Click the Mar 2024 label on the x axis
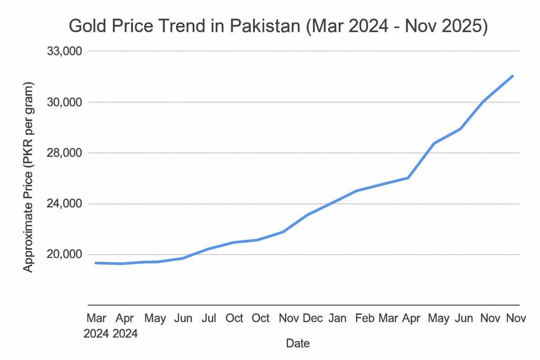tap(96, 326)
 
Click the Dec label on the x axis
tap(313, 319)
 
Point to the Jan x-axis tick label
tap(337, 319)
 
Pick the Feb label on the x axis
tap(364, 319)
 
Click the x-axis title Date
tap(297, 344)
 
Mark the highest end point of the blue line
tap(513, 76)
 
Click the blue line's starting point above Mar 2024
tap(96, 262)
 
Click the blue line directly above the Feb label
tap(364, 189)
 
